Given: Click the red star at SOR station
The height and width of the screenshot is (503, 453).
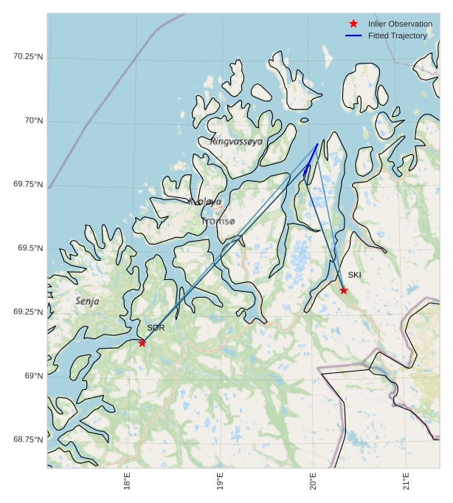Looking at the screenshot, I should (142, 342).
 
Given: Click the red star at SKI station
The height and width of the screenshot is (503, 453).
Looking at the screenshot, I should (344, 290).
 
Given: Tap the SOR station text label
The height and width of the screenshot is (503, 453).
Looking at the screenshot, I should (156, 327).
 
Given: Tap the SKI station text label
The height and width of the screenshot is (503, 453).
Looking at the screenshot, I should (355, 276).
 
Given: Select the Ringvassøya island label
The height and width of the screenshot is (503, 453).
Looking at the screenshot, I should (236, 141).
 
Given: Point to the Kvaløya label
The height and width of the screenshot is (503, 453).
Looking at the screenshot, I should (204, 201).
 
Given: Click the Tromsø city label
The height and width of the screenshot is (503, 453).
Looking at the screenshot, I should (218, 221).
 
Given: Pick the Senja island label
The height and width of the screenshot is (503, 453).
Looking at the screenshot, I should (87, 301).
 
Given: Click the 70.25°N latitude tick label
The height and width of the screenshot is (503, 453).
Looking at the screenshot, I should (28, 57).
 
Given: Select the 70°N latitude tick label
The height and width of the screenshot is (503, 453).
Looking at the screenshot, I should (33, 120).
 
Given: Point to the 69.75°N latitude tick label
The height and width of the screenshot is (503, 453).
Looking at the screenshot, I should (28, 185).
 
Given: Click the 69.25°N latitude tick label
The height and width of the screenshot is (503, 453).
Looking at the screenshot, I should (28, 312).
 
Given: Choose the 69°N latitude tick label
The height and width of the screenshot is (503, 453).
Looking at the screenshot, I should (33, 376).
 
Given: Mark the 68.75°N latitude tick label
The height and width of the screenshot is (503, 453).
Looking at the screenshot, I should (28, 439).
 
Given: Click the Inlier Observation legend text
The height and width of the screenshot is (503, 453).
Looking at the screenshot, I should (400, 24).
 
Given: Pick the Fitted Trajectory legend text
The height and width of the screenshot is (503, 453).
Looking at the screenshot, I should (398, 35).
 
